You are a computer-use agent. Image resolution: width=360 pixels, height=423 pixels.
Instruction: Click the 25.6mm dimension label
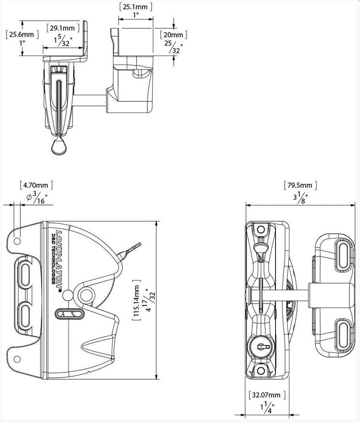22,34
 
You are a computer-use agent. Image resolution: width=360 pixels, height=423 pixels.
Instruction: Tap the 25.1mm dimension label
135,6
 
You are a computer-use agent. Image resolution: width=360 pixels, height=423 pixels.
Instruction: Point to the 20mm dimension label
174,34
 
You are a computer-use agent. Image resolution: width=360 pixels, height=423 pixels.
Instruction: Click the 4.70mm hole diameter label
36,185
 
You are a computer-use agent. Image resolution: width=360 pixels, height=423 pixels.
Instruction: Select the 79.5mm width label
301,186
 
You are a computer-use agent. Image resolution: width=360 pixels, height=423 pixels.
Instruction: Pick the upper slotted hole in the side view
24,273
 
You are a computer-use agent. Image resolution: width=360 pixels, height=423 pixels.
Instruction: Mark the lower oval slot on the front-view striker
343,332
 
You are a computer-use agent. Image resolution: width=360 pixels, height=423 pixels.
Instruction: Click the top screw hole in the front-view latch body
261,229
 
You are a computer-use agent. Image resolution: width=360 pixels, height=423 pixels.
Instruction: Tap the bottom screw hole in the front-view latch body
261,370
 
